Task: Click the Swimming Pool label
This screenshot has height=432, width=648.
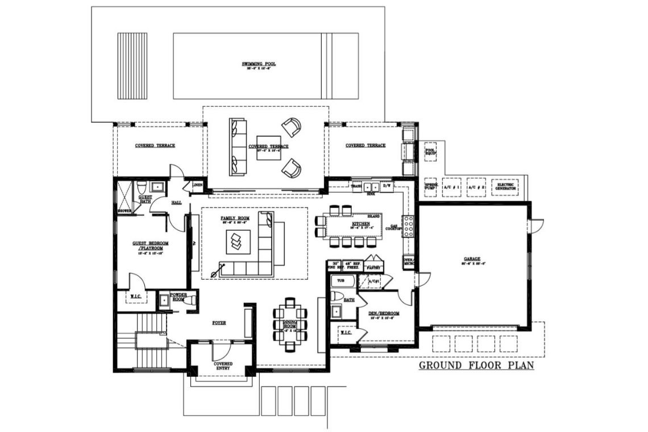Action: tap(259, 64)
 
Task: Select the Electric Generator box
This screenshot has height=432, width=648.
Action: tap(505, 186)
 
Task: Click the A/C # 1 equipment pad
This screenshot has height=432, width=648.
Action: tap(453, 186)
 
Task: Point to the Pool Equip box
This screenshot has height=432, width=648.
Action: tap(431, 152)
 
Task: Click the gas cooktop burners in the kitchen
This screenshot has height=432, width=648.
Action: tap(408, 226)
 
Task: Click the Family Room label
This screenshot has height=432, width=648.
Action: tap(235, 218)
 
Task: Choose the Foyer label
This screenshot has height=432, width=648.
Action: tap(219, 322)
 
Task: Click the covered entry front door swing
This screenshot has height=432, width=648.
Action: tap(222, 348)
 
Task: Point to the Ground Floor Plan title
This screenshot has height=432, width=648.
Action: tap(476, 365)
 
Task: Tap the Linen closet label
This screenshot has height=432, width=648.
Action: tap(197, 185)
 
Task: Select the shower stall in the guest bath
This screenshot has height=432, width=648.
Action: tap(124, 196)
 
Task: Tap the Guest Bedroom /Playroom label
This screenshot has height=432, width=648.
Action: tap(148, 246)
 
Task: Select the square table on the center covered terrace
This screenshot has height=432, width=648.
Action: tap(268, 147)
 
